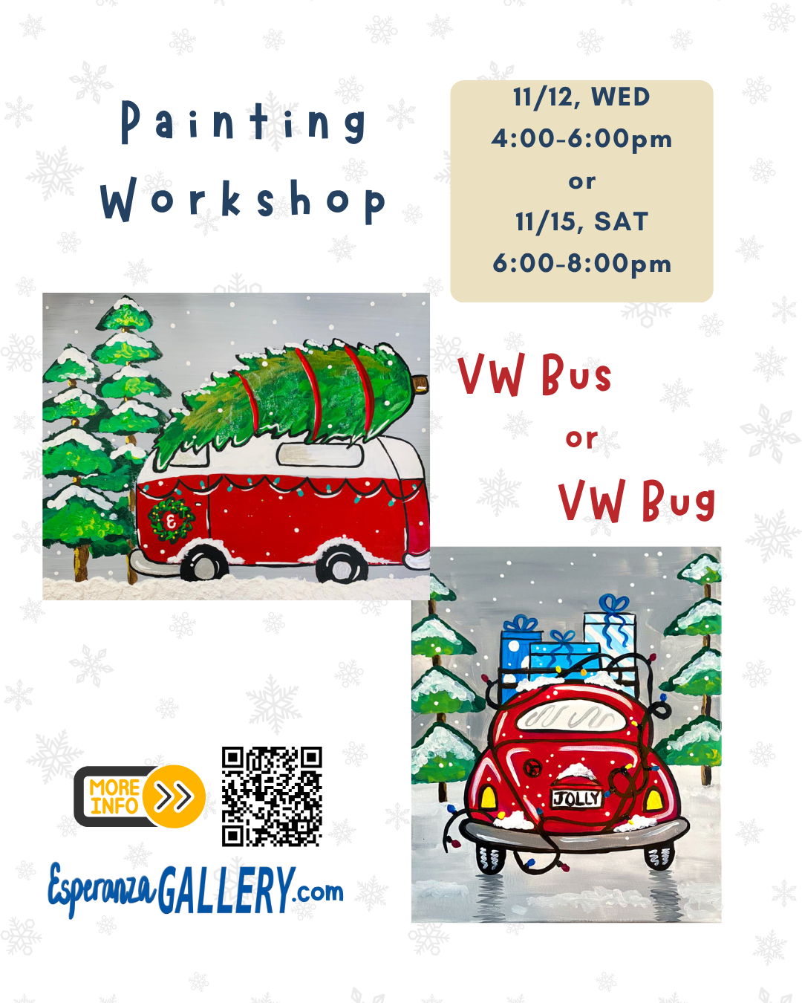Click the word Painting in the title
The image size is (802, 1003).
(x=243, y=122)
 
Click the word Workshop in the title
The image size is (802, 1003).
(x=243, y=200)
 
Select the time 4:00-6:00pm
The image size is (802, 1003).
(x=581, y=140)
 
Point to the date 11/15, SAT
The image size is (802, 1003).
(x=581, y=222)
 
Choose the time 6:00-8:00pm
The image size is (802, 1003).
(x=581, y=264)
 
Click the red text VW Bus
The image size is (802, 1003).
(x=535, y=374)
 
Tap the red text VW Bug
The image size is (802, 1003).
(x=636, y=500)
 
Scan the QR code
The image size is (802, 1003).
(x=272, y=796)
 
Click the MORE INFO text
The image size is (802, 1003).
(x=114, y=796)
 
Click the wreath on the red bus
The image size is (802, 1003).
(x=171, y=520)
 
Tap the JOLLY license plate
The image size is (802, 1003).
(x=576, y=799)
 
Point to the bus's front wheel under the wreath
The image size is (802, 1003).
(x=203, y=564)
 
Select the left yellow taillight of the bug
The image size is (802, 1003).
(x=489, y=798)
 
